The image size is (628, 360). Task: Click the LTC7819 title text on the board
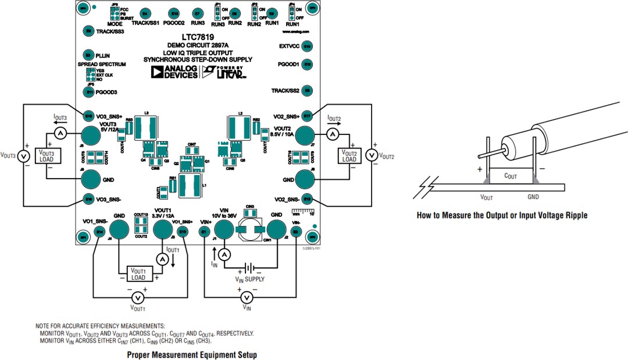tap(197, 37)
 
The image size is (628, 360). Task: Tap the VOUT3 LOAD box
tap(45, 156)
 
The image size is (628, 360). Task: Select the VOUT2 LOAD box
tap(349, 156)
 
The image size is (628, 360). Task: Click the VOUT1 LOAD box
tap(138, 274)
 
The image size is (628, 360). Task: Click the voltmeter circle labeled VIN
tap(247, 297)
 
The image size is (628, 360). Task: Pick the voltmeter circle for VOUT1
tap(138, 297)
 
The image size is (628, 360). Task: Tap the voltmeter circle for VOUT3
tap(23, 156)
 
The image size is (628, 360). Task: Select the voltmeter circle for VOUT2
tap(372, 156)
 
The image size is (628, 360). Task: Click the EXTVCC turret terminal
tap(308, 46)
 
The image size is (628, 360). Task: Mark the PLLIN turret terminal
tap(88, 55)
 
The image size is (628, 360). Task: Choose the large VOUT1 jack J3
tap(162, 229)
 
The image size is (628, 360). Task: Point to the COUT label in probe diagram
tap(511, 176)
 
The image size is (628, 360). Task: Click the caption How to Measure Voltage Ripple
tap(502, 215)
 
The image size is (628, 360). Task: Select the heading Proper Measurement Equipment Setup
tap(191, 354)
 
